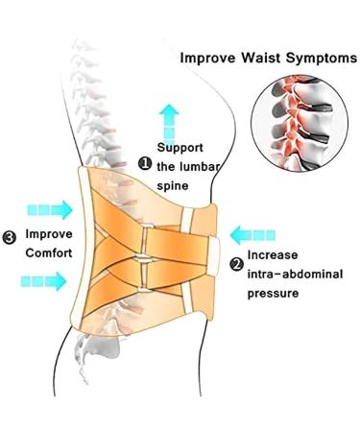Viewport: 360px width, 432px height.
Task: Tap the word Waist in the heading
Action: tap(266, 58)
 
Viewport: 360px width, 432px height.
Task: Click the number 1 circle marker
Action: tap(144, 164)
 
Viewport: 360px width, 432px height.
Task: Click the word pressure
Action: tap(275, 295)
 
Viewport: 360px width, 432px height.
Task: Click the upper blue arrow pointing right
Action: tap(50, 208)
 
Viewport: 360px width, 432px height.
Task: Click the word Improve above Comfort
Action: tap(47, 234)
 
